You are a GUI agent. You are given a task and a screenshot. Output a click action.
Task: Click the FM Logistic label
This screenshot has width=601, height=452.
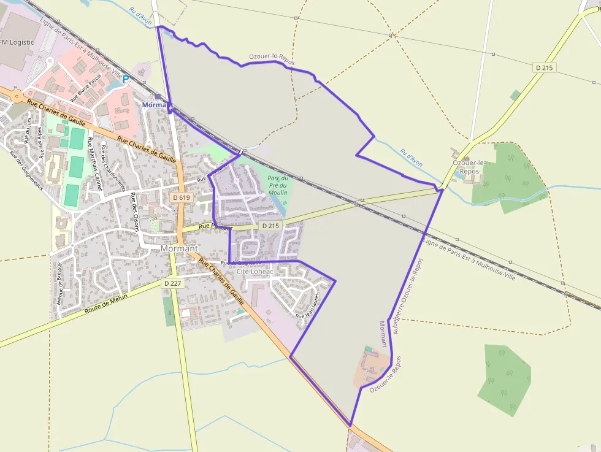17,42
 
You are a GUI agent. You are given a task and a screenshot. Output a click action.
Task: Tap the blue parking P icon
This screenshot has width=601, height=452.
126,79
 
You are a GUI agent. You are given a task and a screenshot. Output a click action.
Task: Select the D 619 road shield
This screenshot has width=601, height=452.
181,197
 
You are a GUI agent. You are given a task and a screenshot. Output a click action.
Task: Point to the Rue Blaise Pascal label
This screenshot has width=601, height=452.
86,89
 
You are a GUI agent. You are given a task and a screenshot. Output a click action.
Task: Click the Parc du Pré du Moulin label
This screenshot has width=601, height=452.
278,185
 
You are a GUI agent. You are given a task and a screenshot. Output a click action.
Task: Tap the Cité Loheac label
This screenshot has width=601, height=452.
255,270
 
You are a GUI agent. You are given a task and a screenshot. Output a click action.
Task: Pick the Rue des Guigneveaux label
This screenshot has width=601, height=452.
27,170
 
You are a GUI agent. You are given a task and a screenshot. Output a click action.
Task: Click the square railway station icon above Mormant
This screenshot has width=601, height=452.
158,96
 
